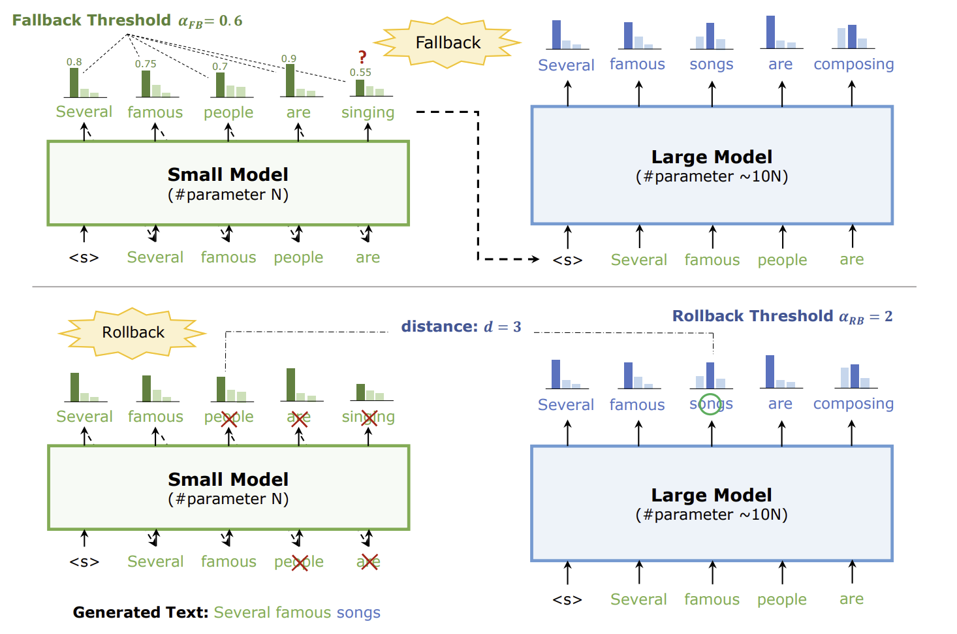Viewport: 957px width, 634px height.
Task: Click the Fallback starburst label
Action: point(448,43)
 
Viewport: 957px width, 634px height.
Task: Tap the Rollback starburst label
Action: point(133,332)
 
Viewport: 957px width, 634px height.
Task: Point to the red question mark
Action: point(362,57)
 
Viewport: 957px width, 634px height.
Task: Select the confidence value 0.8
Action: point(74,62)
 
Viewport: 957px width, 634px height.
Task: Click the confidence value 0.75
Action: point(146,64)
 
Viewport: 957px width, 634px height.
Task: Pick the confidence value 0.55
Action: point(360,72)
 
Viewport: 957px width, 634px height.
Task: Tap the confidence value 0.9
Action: point(289,59)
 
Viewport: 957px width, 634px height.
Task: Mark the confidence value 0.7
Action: point(220,67)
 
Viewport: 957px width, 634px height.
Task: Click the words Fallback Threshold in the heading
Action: point(91,20)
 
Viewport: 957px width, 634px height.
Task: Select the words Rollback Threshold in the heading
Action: point(753,316)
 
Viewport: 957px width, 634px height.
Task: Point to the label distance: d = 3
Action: point(461,326)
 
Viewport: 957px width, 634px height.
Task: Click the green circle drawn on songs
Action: point(710,404)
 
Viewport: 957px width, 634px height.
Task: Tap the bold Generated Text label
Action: point(140,612)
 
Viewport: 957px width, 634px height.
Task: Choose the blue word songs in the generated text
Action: point(358,612)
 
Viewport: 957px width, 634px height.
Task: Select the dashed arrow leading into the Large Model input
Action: point(509,259)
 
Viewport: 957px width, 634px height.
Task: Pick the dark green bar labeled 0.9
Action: point(290,80)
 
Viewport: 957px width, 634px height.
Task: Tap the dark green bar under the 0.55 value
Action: point(360,87)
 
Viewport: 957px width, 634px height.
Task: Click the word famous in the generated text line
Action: point(304,612)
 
